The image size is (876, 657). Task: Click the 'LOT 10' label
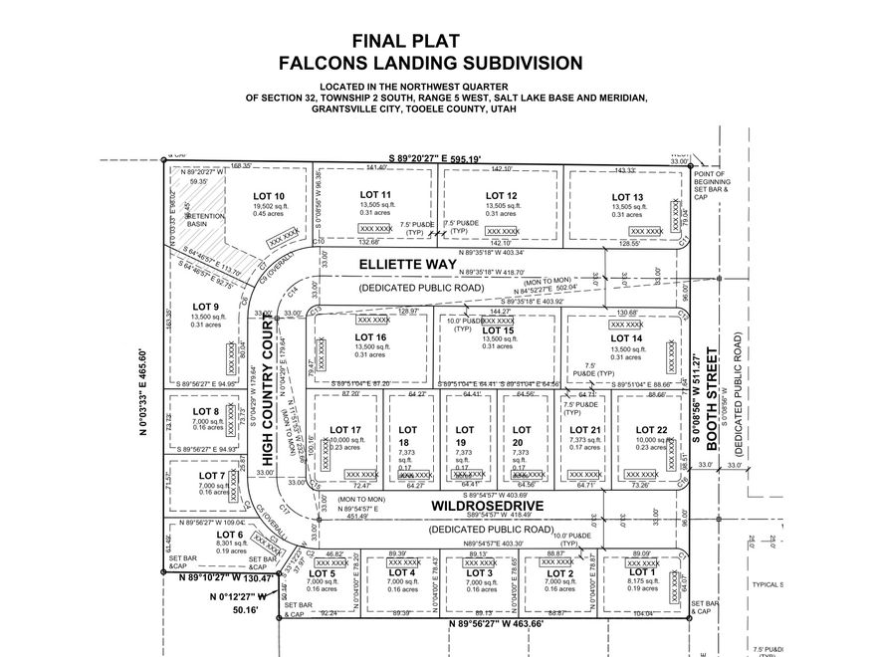pos(269,196)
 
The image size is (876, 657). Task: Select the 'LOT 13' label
pos(627,197)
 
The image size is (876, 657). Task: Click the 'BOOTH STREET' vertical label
pos(711,393)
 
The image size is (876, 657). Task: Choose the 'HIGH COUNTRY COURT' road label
pos(268,379)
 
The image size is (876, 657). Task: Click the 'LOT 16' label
pos(370,337)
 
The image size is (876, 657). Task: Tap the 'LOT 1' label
pos(642,571)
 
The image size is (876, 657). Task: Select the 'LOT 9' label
pos(206,307)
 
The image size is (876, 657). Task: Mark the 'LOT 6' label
pos(203,536)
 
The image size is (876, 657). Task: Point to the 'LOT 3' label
pos(480,573)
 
